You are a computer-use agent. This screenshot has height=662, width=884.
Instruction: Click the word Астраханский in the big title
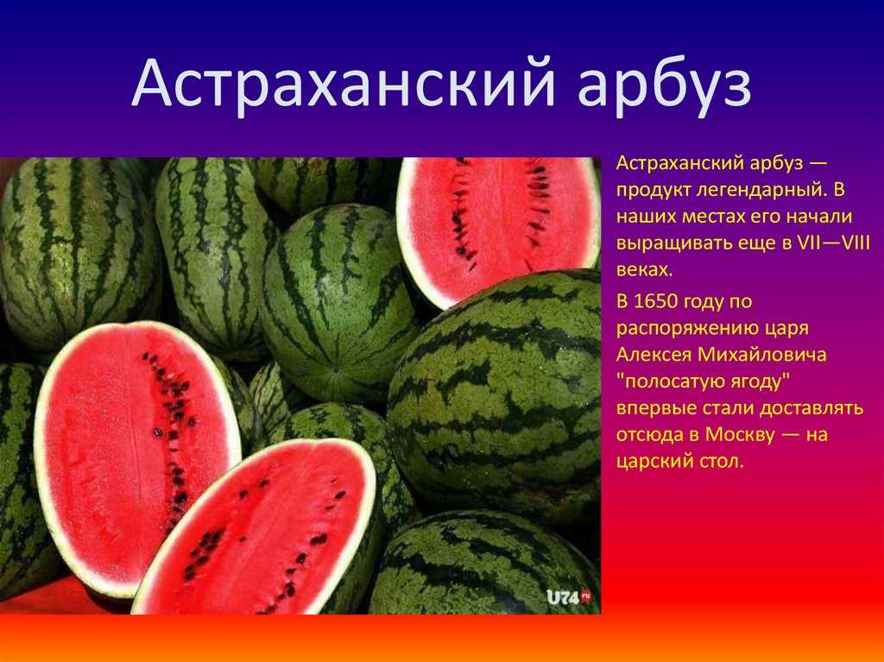(x=344, y=84)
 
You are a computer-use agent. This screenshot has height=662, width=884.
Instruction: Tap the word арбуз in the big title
(x=665, y=85)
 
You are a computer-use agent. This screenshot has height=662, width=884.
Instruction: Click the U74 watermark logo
(x=568, y=596)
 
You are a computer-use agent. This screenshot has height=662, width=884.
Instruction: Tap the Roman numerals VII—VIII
(x=834, y=243)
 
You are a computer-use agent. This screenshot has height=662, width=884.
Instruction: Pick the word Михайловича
(x=762, y=355)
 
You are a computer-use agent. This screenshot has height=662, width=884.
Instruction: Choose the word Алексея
(x=654, y=355)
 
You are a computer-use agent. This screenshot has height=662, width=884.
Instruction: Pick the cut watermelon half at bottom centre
(x=256, y=527)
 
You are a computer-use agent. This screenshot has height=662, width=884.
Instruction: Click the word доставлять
(x=811, y=408)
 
